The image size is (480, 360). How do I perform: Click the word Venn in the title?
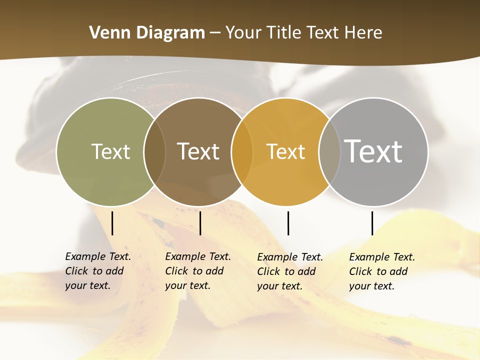click(x=110, y=33)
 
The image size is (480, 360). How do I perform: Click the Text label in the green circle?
click(x=110, y=151)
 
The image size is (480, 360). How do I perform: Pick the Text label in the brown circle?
click(x=198, y=151)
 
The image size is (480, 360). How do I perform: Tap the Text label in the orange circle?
click(x=285, y=151)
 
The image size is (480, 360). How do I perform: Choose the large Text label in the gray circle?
click(x=373, y=151)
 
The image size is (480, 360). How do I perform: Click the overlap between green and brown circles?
click(x=154, y=152)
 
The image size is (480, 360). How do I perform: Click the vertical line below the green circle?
click(x=112, y=223)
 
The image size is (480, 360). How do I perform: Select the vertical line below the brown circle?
click(x=200, y=223)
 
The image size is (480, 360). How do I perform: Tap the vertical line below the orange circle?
click(x=288, y=223)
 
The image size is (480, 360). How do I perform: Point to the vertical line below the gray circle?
click(x=372, y=223)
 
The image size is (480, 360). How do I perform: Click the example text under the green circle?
click(x=97, y=271)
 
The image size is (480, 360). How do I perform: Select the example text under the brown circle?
click(x=197, y=271)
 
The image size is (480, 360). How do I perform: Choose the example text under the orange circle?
click(x=289, y=271)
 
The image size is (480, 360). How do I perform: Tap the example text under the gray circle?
click(x=381, y=271)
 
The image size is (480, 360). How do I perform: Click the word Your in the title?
click(x=243, y=33)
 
